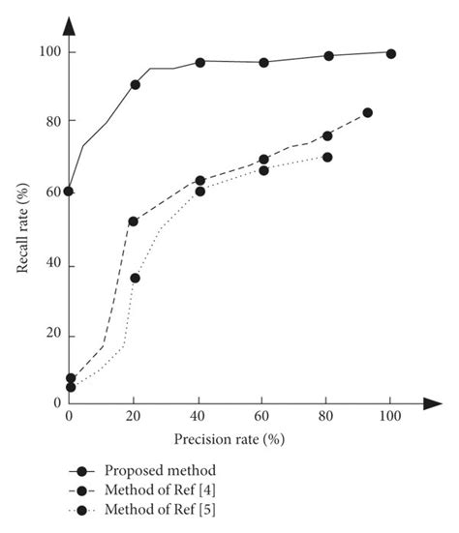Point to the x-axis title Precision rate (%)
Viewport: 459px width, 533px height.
pos(229,439)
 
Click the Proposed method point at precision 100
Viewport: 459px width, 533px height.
pos(391,53)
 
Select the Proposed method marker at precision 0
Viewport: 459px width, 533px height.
pos(69,191)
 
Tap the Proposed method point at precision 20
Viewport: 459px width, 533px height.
pos(135,85)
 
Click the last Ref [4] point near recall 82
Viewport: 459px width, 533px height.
pos(367,113)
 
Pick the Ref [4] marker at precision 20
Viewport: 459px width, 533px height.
pos(133,222)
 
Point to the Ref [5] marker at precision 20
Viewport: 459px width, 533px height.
pos(136,278)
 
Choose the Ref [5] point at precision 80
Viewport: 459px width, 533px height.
pos(327,157)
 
